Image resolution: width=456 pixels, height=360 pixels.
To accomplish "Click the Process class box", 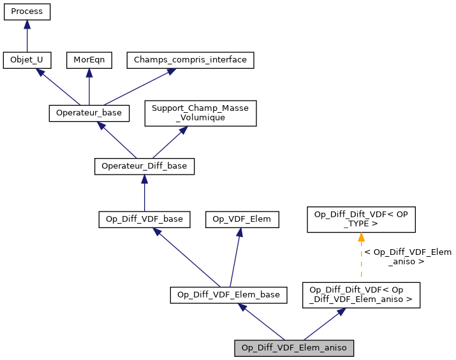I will [27, 12].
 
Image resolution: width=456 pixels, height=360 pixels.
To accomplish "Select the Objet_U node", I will [27, 61].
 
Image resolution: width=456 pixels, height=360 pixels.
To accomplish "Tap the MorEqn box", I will [89, 61].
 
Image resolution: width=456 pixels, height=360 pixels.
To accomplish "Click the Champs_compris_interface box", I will [191, 61].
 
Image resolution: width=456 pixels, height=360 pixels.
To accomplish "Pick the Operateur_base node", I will [89, 113].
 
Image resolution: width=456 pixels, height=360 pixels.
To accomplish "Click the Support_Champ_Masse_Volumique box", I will [201, 113].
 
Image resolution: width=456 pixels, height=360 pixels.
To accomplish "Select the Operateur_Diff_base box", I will [144, 166].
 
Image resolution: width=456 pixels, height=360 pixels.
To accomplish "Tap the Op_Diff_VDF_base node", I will [144, 219].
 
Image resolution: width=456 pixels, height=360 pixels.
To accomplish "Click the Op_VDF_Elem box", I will [242, 219].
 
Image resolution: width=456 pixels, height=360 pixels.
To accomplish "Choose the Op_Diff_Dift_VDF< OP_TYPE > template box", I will [361, 219].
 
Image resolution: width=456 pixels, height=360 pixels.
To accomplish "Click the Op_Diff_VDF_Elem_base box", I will [228, 294].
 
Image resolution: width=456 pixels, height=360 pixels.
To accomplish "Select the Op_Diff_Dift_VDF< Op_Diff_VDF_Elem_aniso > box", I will [361, 294].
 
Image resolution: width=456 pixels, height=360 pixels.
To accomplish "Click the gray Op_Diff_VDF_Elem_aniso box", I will [294, 348].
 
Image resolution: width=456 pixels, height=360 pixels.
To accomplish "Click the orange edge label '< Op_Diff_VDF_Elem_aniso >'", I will [407, 257].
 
